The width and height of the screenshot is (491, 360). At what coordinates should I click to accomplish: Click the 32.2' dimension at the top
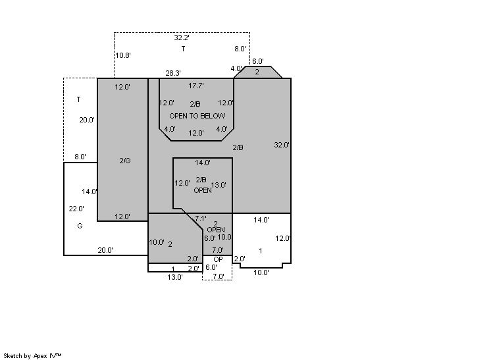[x=182, y=38]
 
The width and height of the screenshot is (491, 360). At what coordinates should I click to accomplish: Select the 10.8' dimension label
[x=123, y=55]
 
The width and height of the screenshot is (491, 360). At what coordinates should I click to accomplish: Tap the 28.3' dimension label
[x=173, y=73]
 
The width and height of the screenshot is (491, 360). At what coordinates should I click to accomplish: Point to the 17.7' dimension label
[x=196, y=86]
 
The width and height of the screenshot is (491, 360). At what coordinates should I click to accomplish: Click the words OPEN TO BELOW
[x=197, y=116]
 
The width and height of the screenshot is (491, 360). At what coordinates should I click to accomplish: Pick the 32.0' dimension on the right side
[x=282, y=145]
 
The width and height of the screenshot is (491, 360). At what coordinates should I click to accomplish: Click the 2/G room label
[x=125, y=161]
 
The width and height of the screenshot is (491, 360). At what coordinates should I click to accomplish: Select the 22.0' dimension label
[x=76, y=209]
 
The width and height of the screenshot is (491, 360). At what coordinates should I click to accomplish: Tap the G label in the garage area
[x=80, y=226]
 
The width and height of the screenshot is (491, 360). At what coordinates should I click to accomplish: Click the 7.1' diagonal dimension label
[x=200, y=219]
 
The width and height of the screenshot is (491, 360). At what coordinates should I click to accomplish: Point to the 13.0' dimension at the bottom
[x=175, y=277]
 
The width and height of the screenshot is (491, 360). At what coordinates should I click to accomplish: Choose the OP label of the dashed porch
[x=218, y=259]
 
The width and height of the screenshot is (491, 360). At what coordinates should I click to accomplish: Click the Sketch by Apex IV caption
[x=32, y=356]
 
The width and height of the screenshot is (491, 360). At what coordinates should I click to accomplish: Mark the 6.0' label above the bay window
[x=258, y=61]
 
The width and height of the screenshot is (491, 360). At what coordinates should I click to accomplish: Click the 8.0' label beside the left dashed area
[x=80, y=157]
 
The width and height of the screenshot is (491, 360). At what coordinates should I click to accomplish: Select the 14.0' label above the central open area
[x=203, y=163]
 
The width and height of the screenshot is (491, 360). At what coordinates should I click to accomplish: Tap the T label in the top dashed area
[x=183, y=49]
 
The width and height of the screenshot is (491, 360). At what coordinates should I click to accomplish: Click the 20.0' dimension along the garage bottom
[x=105, y=250]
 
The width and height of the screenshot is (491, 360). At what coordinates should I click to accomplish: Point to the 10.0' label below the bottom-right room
[x=261, y=272]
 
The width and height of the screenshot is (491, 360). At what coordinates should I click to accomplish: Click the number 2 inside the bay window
[x=257, y=72]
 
